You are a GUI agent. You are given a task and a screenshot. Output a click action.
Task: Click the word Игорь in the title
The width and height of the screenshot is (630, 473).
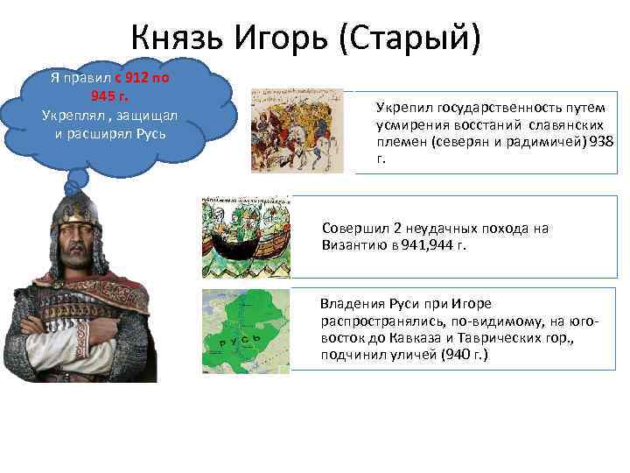click(283, 38)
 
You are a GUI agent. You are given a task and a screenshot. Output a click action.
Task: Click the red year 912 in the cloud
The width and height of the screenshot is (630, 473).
click(139, 77)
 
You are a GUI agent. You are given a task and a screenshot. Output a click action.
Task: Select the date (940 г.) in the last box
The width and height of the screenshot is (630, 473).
click(460, 354)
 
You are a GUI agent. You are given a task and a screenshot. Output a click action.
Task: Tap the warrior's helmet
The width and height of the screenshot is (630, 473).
click(77, 215)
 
